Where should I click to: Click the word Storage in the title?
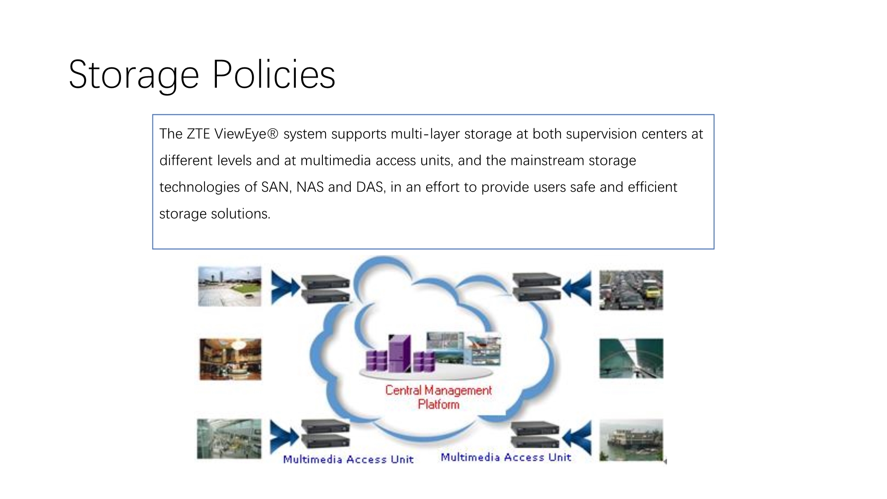click(134, 75)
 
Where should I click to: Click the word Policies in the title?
click(274, 74)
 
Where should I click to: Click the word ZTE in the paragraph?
click(198, 134)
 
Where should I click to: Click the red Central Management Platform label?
click(438, 397)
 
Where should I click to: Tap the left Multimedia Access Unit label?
click(348, 459)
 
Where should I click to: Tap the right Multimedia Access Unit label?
click(506, 457)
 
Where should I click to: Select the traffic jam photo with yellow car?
click(631, 290)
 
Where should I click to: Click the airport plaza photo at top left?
click(230, 286)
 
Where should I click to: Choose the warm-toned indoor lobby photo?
click(230, 359)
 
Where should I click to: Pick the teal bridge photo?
click(631, 358)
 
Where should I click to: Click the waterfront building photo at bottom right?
click(631, 440)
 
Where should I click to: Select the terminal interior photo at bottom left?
click(229, 438)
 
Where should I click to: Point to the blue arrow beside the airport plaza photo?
click(286, 288)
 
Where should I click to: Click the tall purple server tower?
click(400, 354)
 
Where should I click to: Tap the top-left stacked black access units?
click(326, 289)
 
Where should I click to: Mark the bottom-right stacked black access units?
click(535, 434)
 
